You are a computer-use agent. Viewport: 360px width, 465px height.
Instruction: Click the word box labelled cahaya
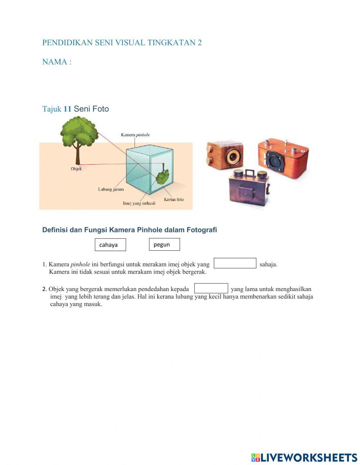tap(110, 245)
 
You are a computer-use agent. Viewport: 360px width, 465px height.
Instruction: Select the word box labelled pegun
tap(164, 245)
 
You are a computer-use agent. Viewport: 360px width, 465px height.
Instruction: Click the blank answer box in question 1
tap(235, 263)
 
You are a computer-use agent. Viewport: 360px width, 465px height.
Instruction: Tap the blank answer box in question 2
tap(211, 289)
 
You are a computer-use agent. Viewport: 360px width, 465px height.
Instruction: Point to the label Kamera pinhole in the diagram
tap(135, 135)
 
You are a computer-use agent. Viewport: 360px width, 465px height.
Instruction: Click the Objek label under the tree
tap(76, 169)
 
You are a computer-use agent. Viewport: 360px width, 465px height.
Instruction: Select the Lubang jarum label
tap(111, 189)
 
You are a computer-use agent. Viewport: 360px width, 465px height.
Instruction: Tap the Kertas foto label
tap(174, 199)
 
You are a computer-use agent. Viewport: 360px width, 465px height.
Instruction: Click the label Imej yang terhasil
tap(139, 204)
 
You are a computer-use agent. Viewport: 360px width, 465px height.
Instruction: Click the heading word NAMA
tap(55, 62)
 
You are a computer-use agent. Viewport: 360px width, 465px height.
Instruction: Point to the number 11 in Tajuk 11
tap(67, 109)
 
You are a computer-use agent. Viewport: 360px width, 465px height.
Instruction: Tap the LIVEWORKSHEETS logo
tap(305, 457)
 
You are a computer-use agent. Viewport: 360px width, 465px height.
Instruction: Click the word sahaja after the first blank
tap(268, 264)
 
